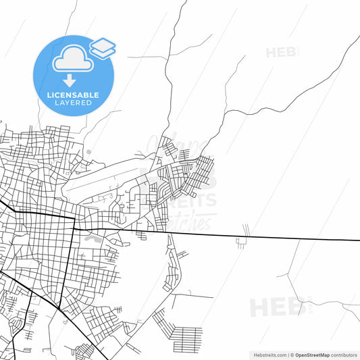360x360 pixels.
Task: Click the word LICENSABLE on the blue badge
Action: coord(74,95)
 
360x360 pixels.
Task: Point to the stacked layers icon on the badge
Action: coord(102,47)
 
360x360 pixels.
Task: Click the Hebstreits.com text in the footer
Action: coord(266,354)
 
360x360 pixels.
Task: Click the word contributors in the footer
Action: coord(344,354)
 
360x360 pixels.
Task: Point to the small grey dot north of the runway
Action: coord(88,152)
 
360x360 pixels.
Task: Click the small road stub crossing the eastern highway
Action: coord(244,236)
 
